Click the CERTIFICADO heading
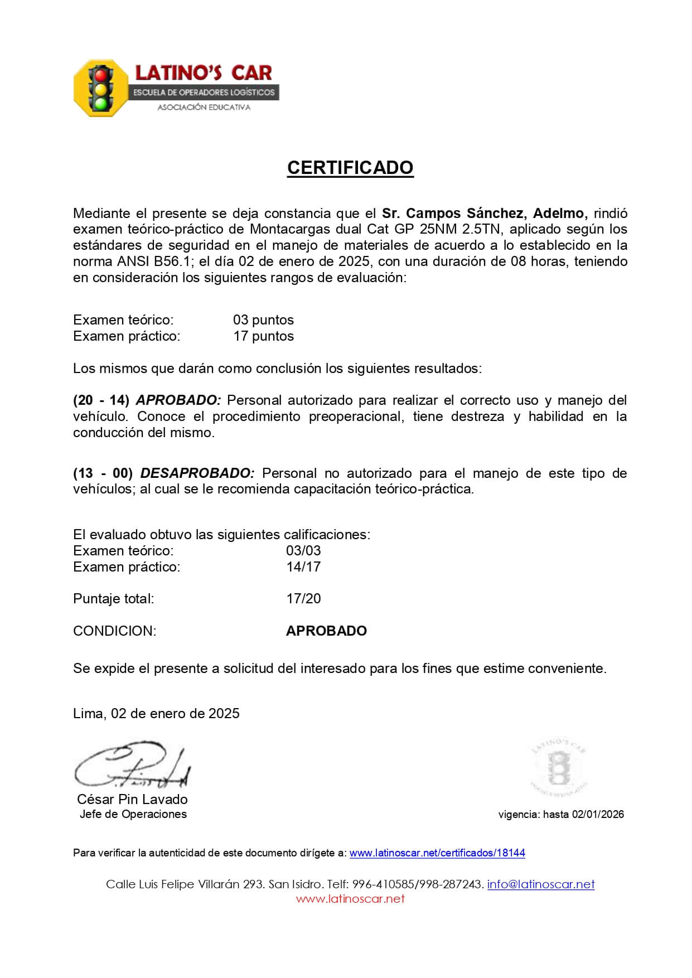[350, 167]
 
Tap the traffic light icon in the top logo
[101, 88]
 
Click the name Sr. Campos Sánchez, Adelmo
[484, 213]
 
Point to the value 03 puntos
[263, 320]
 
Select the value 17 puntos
[263, 336]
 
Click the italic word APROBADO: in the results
[178, 400]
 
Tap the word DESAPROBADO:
[197, 473]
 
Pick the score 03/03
[303, 551]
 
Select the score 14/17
[303, 567]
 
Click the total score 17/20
[303, 599]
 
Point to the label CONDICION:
[115, 631]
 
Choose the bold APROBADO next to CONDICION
[326, 631]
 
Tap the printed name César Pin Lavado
[132, 800]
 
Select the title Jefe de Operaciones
[133, 815]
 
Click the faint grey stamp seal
[558, 768]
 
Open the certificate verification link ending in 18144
[437, 853]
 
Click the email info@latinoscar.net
[541, 884]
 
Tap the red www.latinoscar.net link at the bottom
[350, 899]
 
